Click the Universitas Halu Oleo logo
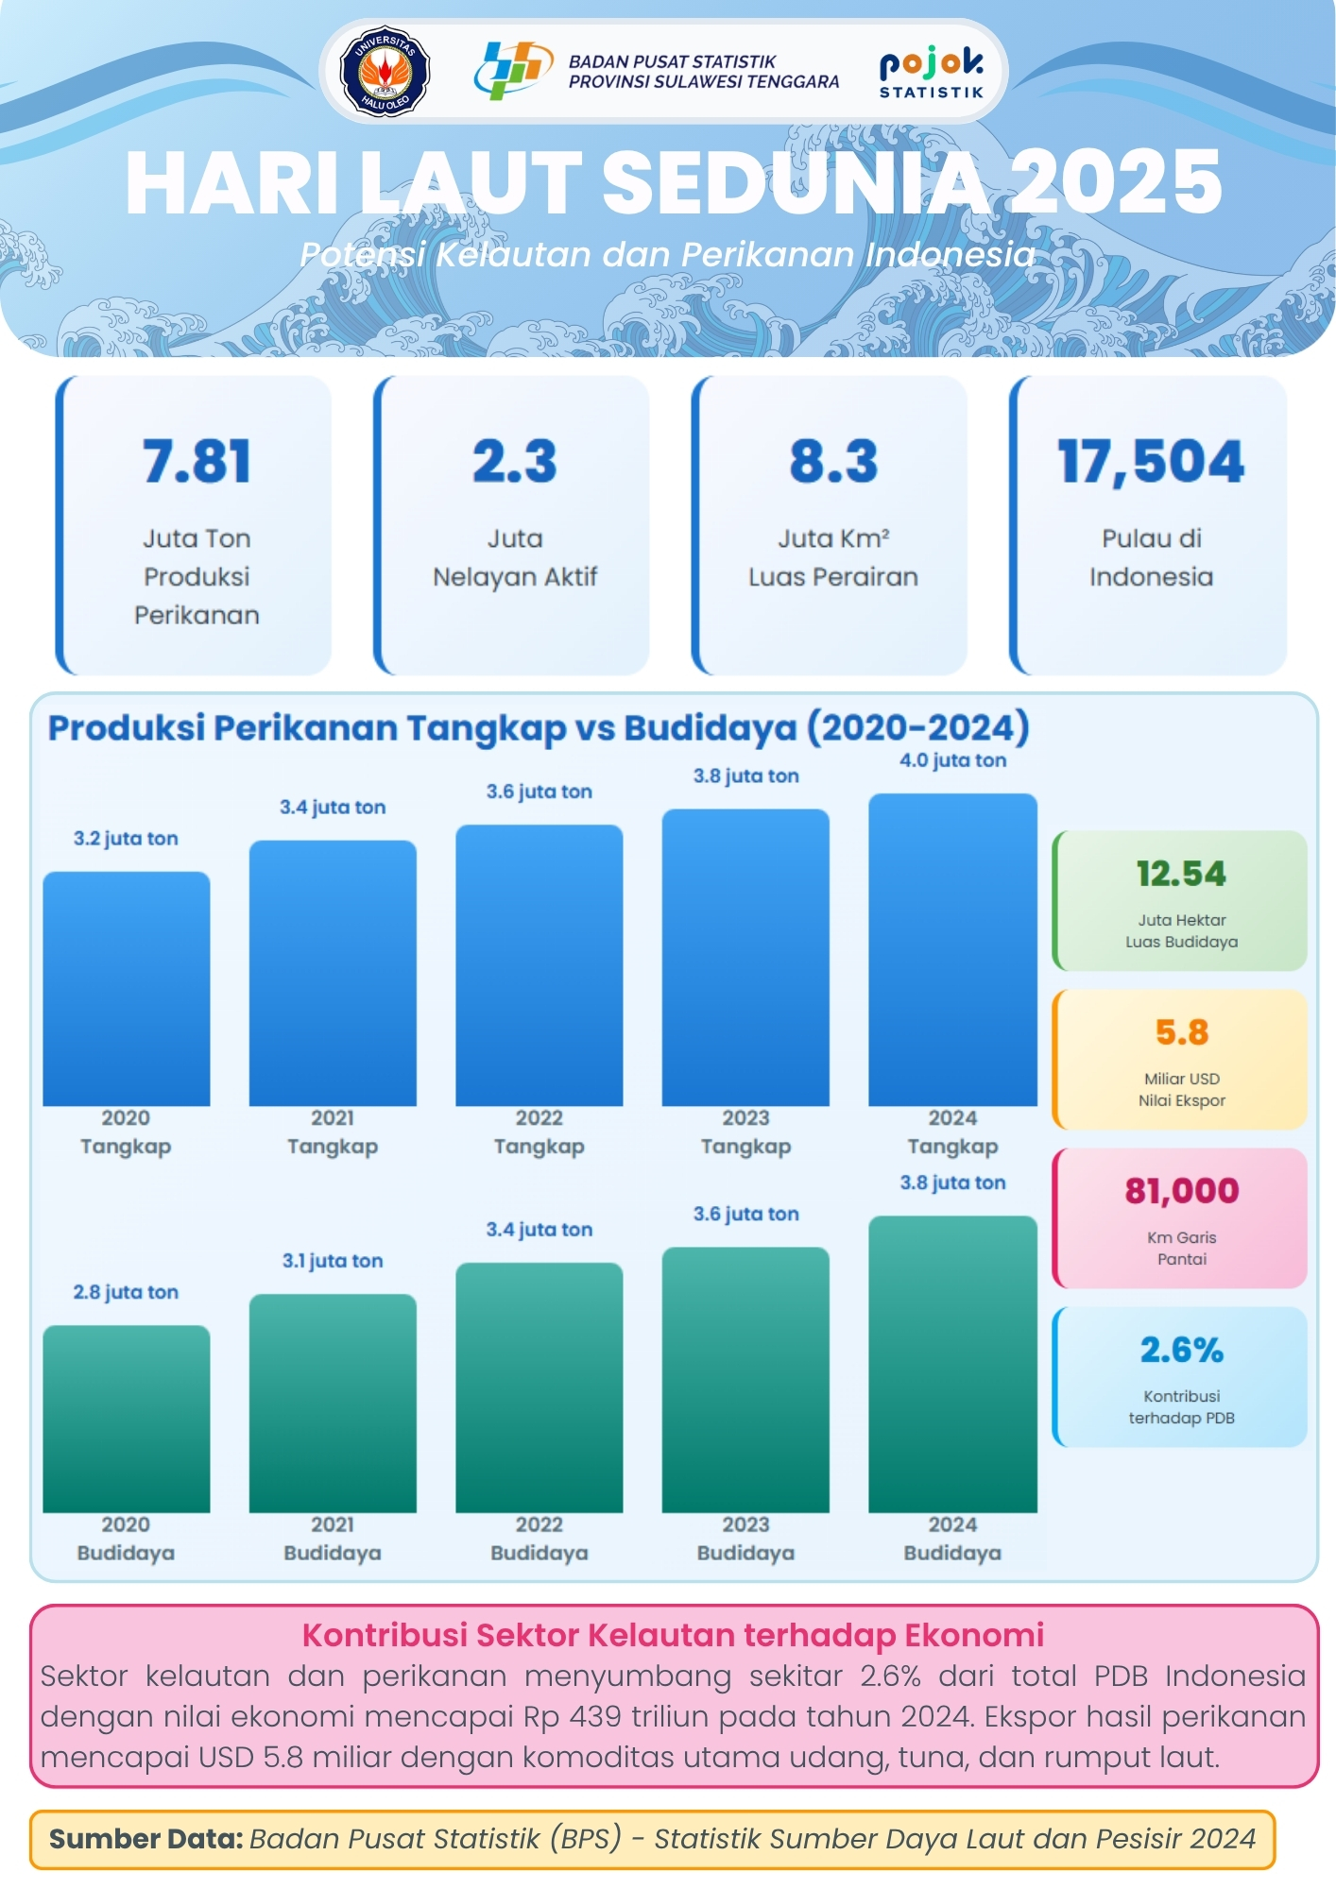click(x=385, y=71)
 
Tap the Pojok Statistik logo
click(x=932, y=72)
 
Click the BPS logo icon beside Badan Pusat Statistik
click(x=513, y=70)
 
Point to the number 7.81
click(x=197, y=462)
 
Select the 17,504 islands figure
click(x=1151, y=462)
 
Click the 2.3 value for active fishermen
click(x=515, y=462)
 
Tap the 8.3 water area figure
click(x=833, y=462)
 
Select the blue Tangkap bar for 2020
click(x=127, y=988)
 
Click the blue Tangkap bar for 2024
click(x=952, y=949)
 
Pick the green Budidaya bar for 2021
click(x=333, y=1403)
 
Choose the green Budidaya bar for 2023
click(x=745, y=1379)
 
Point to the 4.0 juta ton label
click(x=952, y=760)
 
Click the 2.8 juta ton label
click(x=126, y=1292)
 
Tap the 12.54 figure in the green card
click(x=1181, y=874)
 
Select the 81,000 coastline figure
click(x=1181, y=1191)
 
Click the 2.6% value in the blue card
click(x=1181, y=1350)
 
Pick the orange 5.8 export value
click(x=1181, y=1032)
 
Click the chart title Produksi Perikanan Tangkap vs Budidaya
click(x=539, y=728)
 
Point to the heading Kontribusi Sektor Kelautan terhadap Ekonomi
click(x=673, y=1635)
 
